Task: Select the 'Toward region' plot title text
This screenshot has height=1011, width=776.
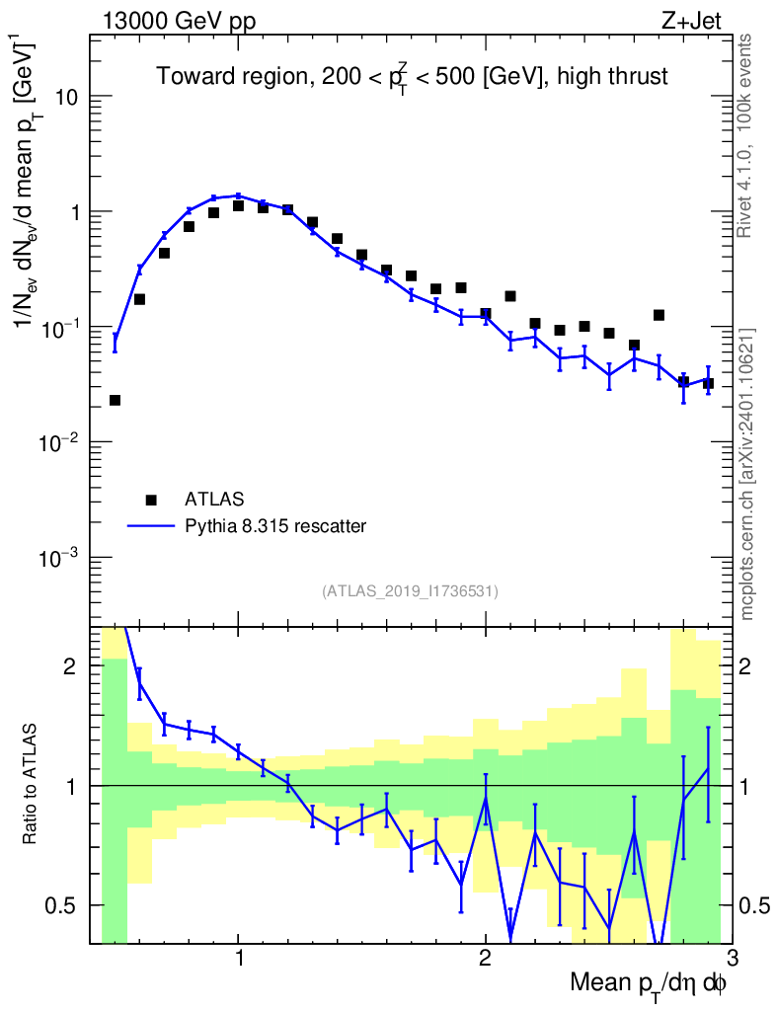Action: [x=412, y=78]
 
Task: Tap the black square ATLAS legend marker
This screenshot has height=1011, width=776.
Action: [x=151, y=499]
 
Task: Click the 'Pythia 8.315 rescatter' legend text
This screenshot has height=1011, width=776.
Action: [x=276, y=526]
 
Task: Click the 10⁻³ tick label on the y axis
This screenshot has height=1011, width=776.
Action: [x=61, y=558]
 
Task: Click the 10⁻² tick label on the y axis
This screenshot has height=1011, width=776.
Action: [x=61, y=442]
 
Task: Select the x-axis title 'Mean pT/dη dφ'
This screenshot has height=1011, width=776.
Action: [x=648, y=984]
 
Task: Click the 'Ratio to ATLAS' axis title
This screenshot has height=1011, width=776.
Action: [x=32, y=785]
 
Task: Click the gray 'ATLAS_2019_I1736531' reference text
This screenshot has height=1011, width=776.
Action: [x=410, y=591]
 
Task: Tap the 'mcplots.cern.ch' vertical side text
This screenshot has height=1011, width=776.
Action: [x=747, y=474]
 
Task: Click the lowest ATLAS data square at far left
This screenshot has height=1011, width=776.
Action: [x=115, y=400]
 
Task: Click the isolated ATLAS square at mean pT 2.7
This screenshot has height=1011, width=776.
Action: [x=659, y=315]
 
